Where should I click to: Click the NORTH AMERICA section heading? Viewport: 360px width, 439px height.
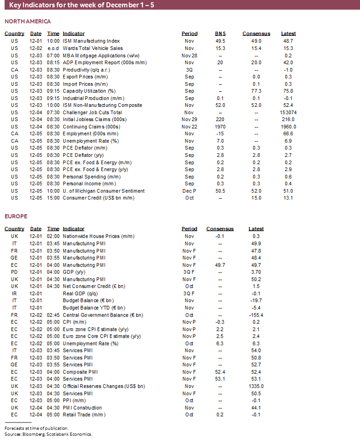pyautogui.click(x=28, y=22)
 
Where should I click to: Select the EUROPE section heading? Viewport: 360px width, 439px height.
pyautogui.click(x=16, y=216)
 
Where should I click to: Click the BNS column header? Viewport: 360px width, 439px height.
pyautogui.click(x=221, y=33)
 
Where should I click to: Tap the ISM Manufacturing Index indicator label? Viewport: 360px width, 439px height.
pyautogui.click(x=91, y=41)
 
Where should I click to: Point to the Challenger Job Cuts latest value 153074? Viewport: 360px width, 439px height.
pyautogui.click(x=288, y=112)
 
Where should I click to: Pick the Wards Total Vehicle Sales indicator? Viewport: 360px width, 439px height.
pyautogui.click(x=93, y=48)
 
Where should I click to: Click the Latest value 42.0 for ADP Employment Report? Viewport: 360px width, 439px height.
pyautogui.click(x=288, y=62)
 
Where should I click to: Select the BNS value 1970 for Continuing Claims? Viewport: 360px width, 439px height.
pyautogui.click(x=221, y=127)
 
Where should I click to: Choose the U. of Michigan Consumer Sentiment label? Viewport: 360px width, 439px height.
pyautogui.click(x=104, y=191)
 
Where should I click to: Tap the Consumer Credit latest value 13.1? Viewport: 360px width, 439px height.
pyautogui.click(x=288, y=198)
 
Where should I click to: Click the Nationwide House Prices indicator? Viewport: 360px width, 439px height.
pyautogui.click(x=99, y=236)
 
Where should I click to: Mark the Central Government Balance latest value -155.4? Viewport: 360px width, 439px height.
pyautogui.click(x=256, y=315)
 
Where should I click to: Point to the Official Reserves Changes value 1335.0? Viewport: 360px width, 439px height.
pyautogui.click(x=256, y=386)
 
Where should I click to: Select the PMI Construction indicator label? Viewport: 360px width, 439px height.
pyautogui.click(x=83, y=408)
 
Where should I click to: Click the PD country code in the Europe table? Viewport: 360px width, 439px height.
pyautogui.click(x=15, y=272)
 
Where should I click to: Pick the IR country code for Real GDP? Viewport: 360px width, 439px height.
pyautogui.click(x=15, y=294)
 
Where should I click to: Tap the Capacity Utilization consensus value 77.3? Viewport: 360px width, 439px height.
pyautogui.click(x=256, y=91)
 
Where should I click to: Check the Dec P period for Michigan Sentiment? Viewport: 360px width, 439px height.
pyautogui.click(x=189, y=191)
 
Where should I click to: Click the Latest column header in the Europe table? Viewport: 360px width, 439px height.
pyautogui.click(x=256, y=229)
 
